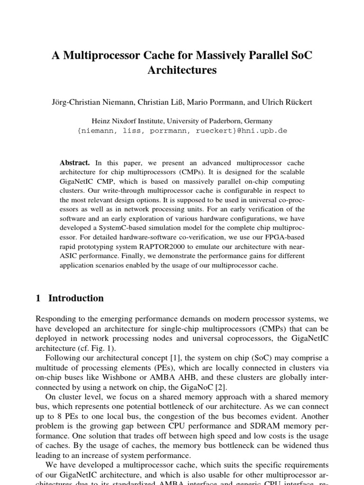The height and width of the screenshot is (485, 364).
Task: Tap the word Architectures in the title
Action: [182, 71]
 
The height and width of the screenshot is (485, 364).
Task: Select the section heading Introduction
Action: [76, 298]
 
